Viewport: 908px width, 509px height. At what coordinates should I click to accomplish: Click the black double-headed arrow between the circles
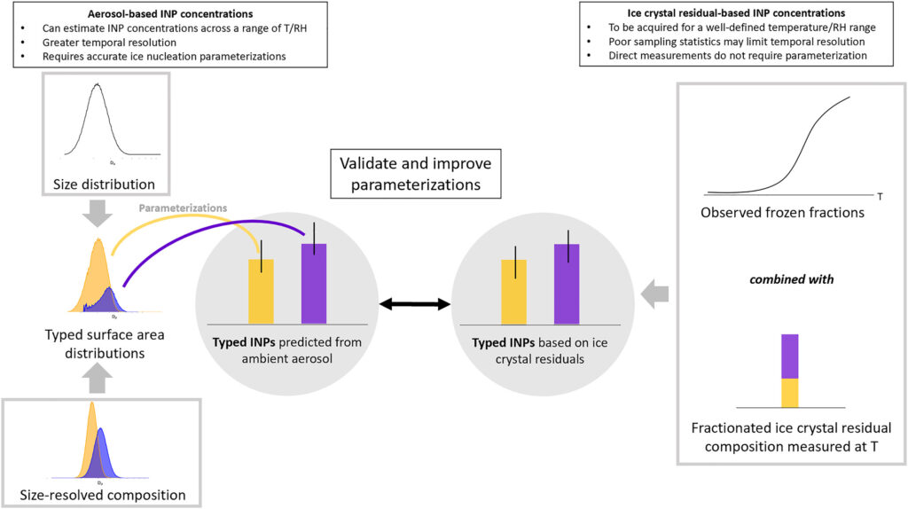click(x=415, y=303)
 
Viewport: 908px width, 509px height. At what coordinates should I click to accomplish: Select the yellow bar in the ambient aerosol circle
click(x=262, y=292)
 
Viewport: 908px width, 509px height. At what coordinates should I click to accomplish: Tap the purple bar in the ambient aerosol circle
click(x=314, y=284)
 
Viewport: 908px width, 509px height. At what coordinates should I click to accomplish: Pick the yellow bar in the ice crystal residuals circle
click(x=513, y=292)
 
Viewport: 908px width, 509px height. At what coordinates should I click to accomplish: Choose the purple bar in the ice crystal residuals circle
click(x=567, y=284)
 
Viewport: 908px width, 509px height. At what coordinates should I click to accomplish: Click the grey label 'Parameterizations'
click(x=183, y=208)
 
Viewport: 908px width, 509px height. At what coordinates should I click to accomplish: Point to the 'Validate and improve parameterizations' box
click(x=416, y=174)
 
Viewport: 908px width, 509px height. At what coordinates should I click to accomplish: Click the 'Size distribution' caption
click(x=105, y=184)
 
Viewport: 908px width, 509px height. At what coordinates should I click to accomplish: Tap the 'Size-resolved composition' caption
click(x=103, y=495)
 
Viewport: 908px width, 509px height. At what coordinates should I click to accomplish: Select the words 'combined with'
click(x=792, y=279)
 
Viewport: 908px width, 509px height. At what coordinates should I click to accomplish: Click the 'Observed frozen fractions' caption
click(x=782, y=213)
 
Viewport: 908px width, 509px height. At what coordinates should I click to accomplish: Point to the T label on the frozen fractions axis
click(x=880, y=197)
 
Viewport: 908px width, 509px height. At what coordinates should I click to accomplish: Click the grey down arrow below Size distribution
click(x=98, y=214)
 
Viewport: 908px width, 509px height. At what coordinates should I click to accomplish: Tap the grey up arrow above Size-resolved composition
click(x=98, y=380)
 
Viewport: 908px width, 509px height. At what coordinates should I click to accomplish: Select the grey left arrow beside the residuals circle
click(x=655, y=294)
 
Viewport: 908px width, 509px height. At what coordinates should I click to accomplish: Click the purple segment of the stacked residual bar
click(x=790, y=356)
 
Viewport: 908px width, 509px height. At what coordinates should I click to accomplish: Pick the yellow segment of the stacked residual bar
click(x=790, y=393)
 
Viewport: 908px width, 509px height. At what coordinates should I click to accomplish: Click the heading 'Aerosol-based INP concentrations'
click(x=170, y=14)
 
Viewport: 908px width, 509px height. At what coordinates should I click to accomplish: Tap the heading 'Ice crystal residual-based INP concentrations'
click(x=736, y=12)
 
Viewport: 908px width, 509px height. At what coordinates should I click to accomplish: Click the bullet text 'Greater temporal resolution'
click(x=109, y=43)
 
